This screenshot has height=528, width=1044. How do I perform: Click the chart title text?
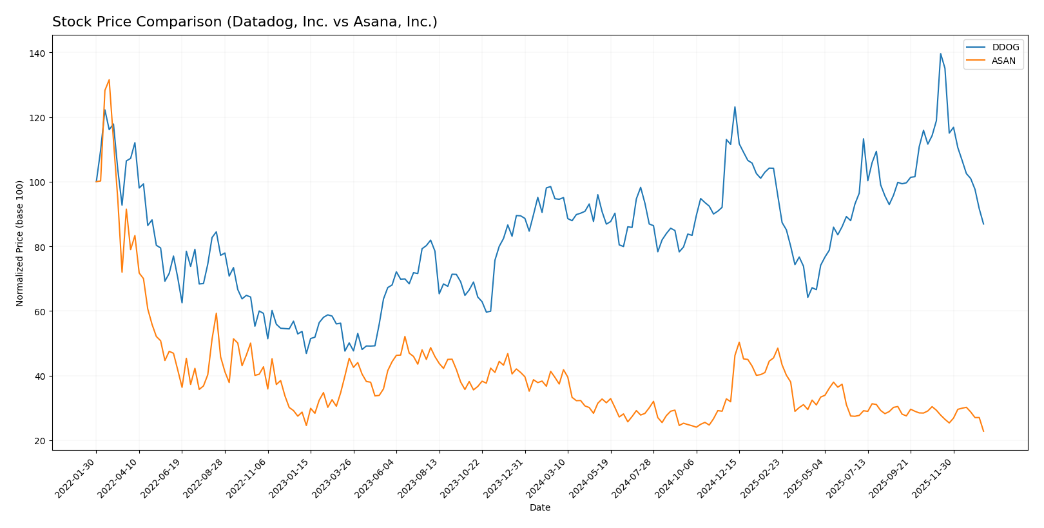(244, 22)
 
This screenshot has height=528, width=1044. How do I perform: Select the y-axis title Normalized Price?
(20, 243)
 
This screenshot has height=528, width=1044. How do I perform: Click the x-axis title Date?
(539, 508)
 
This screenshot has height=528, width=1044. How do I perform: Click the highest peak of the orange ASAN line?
(109, 80)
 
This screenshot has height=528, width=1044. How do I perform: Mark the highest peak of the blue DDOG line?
(940, 54)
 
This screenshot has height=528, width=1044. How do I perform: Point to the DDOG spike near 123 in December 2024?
(735, 107)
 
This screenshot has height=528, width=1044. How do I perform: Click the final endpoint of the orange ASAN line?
(983, 431)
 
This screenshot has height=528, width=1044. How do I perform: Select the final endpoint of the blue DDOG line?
(983, 224)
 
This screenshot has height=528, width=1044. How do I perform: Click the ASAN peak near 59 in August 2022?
(216, 313)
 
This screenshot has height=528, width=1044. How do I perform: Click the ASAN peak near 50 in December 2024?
(739, 342)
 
